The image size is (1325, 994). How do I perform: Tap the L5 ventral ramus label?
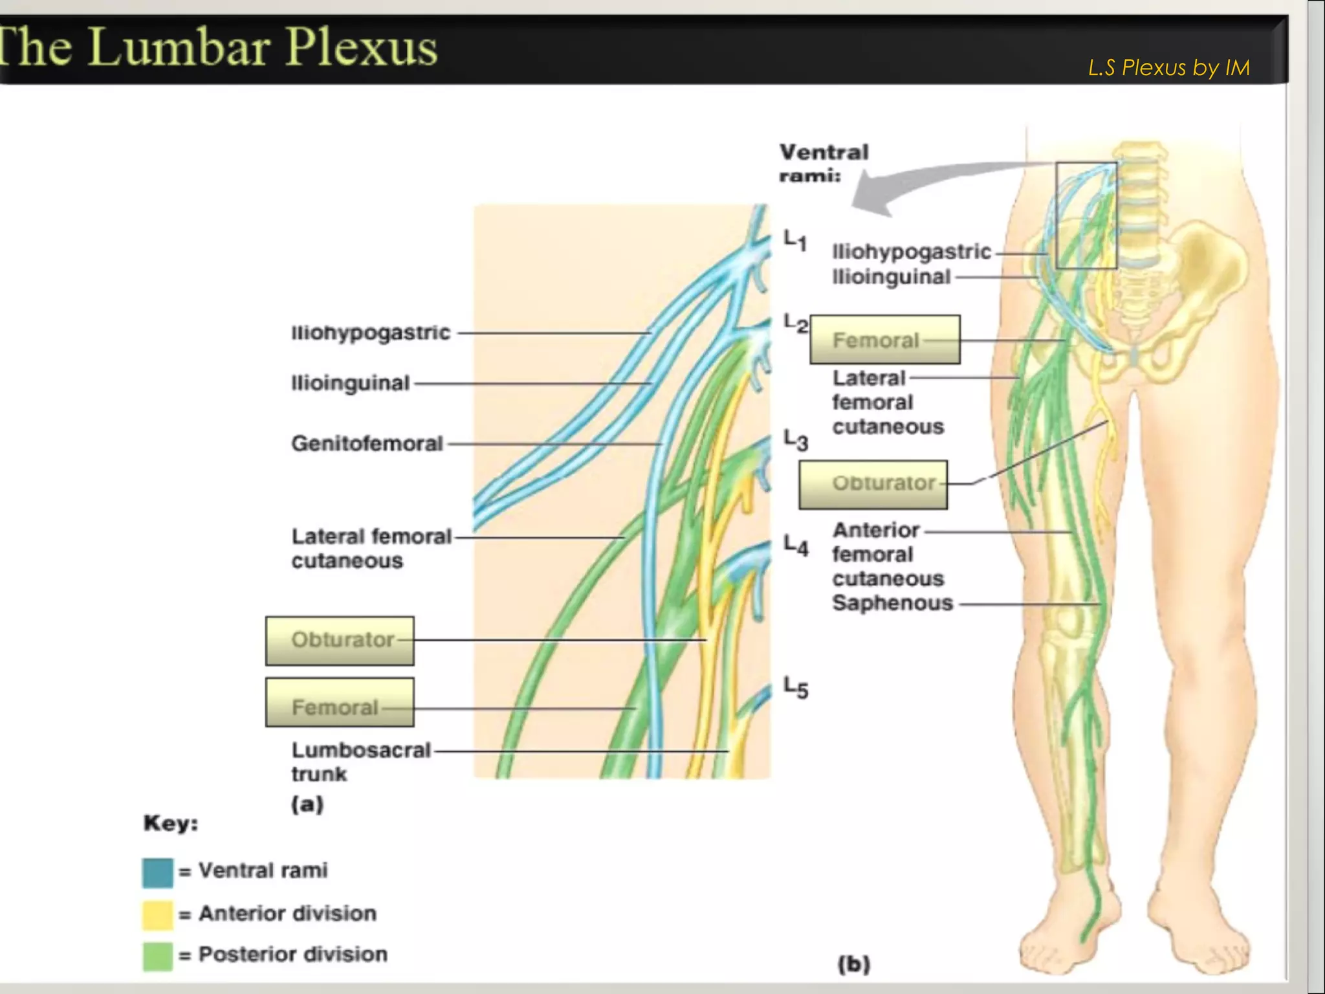coord(796,687)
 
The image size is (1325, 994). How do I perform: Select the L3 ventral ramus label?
coord(796,440)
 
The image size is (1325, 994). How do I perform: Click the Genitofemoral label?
coord(367,444)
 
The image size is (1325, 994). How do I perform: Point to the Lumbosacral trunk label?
coord(360,762)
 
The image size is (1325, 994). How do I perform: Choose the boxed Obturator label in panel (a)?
coord(340,641)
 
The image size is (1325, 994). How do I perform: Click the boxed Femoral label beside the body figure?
coord(884,340)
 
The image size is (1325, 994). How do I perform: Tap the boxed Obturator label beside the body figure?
coord(873,484)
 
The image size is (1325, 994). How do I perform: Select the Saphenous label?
coord(892,603)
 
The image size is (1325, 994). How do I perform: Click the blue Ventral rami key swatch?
coord(157,872)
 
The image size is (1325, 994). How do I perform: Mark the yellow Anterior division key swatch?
coord(157,914)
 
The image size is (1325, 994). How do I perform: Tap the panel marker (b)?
coord(854,964)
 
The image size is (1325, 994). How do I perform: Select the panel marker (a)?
coord(307,804)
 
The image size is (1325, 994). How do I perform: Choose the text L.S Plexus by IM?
coord(1168,67)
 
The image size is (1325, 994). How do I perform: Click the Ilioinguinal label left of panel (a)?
coord(350,383)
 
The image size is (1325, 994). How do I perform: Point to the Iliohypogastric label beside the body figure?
coord(911,252)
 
